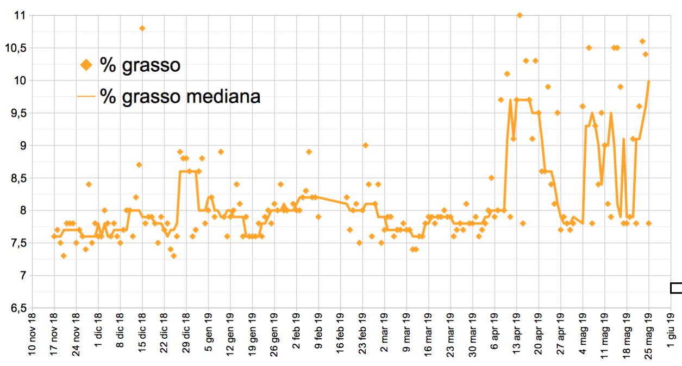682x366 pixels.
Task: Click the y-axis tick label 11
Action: point(20,15)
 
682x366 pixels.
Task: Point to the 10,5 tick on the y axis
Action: point(16,48)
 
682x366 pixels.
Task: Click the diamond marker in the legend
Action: point(86,65)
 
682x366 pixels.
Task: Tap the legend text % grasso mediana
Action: point(180,97)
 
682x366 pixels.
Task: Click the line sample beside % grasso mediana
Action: point(85,97)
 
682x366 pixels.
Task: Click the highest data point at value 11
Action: point(520,15)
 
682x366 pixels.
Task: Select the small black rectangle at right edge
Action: point(677,288)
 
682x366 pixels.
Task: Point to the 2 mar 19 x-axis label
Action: point(384,337)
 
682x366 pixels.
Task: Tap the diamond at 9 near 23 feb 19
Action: point(366,145)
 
